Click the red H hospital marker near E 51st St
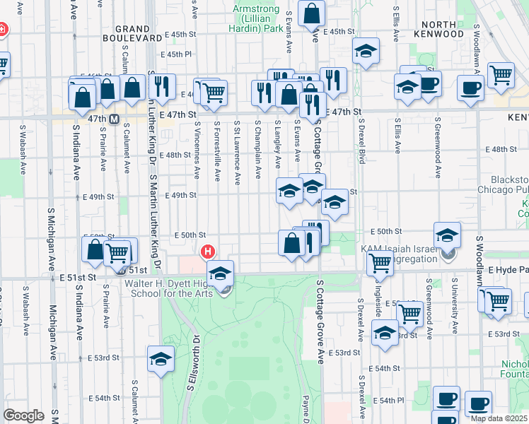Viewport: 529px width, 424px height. [207, 252]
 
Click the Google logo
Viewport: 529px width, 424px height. [23, 416]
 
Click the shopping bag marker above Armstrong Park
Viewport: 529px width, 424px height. [311, 13]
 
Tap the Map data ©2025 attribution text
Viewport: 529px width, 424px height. [499, 418]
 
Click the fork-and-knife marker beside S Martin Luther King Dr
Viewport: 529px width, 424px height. [163, 88]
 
